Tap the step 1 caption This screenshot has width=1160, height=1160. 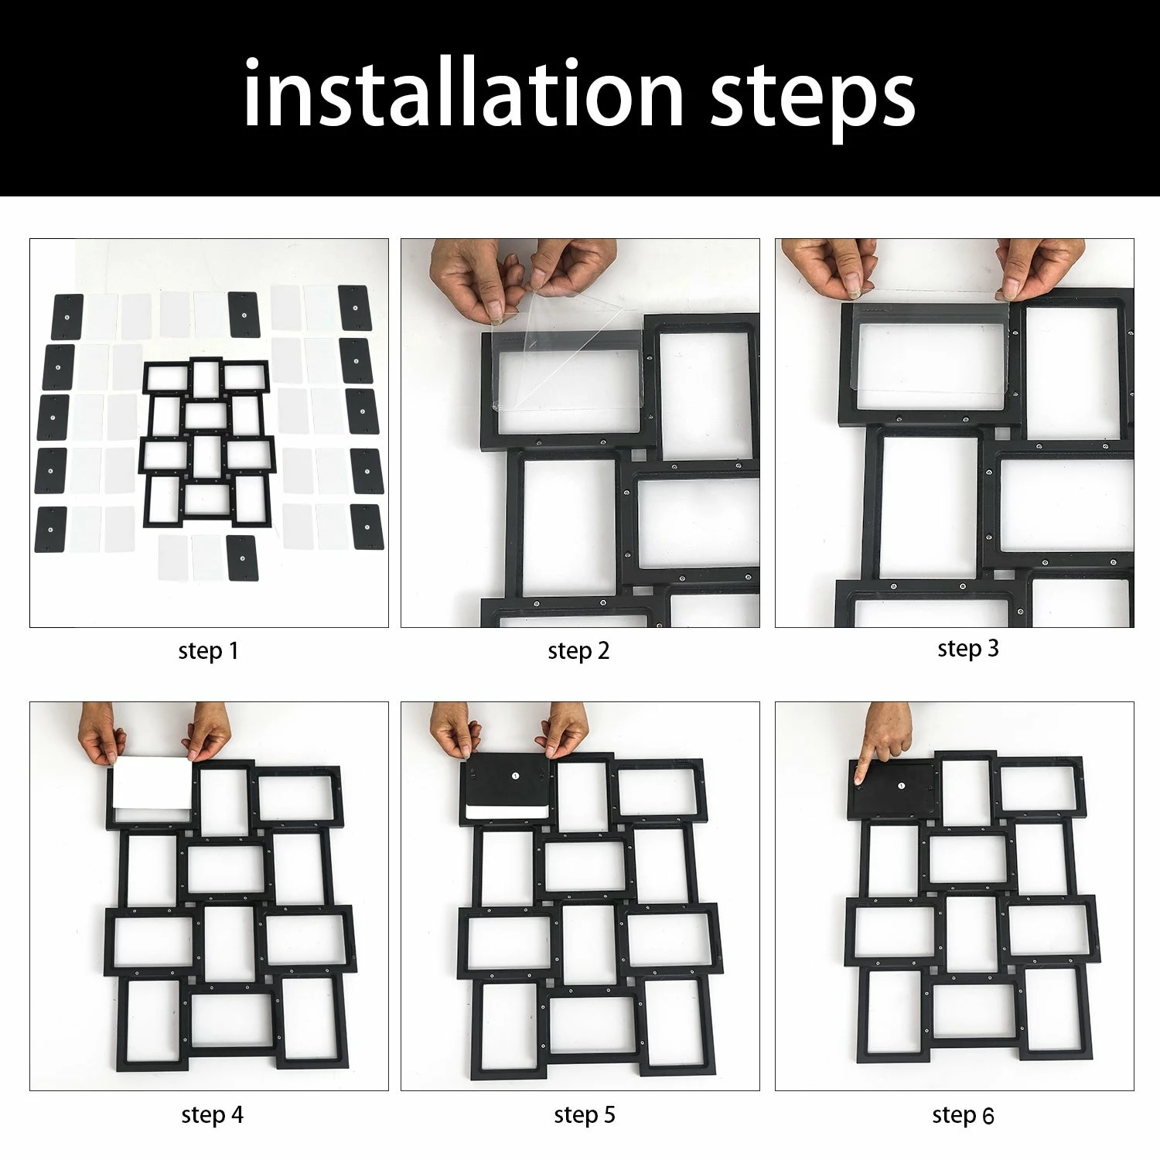pyautogui.click(x=208, y=651)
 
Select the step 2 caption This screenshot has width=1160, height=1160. pyautogui.click(x=578, y=651)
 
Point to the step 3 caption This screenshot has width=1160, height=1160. pyautogui.click(x=968, y=649)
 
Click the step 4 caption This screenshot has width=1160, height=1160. pyautogui.click(x=213, y=1115)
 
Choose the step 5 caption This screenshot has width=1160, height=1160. pyautogui.click(x=585, y=1115)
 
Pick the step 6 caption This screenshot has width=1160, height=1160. pyautogui.click(x=963, y=1115)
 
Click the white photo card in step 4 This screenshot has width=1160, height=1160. pyautogui.click(x=152, y=783)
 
